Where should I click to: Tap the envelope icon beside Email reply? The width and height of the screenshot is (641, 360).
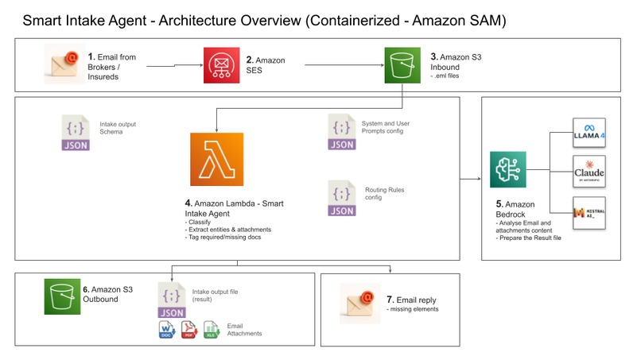click(x=357, y=302)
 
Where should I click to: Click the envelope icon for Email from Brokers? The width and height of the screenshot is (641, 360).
click(x=63, y=64)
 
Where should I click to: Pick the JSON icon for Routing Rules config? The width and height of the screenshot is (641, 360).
click(x=342, y=199)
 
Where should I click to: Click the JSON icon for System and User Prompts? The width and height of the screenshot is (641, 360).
click(x=342, y=133)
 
